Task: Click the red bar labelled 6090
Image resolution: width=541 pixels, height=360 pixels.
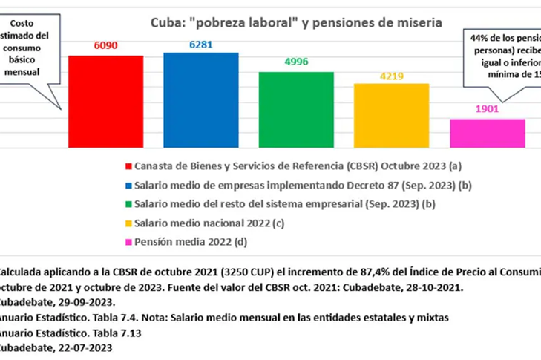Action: tap(105, 102)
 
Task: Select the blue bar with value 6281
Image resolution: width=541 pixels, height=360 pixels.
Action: tap(201, 100)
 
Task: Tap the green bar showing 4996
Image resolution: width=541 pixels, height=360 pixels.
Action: tap(296, 110)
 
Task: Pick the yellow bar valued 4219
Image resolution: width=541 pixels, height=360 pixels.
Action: tap(391, 116)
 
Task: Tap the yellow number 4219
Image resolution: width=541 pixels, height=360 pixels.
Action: tap(391, 75)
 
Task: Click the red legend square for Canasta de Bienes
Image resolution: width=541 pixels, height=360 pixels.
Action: tap(129, 167)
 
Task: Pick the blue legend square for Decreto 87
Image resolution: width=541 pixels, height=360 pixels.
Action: tap(129, 186)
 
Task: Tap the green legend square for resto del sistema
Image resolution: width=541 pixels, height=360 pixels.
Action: tap(129, 204)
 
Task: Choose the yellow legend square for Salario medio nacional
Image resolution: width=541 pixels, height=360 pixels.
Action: tap(129, 223)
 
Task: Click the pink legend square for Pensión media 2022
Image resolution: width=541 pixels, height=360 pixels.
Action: tap(129, 241)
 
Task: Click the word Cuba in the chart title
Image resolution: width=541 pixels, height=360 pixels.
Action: tap(168, 22)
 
